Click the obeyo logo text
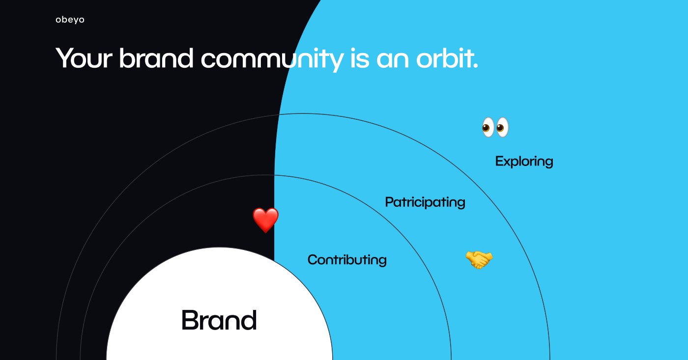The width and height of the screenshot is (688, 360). pyautogui.click(x=70, y=20)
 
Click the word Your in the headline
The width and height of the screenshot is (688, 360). pyautogui.click(x=84, y=58)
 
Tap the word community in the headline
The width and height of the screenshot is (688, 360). pyautogui.click(x=272, y=60)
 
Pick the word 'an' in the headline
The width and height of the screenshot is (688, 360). pyautogui.click(x=393, y=60)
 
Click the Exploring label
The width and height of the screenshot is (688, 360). pyautogui.click(x=524, y=162)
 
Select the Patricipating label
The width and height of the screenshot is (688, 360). pyautogui.click(x=425, y=202)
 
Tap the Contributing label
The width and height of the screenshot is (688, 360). pyautogui.click(x=347, y=260)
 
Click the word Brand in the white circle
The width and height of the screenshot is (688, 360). pyautogui.click(x=219, y=320)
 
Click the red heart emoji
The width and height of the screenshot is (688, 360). pyautogui.click(x=266, y=220)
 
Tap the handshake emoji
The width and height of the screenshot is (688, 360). pyautogui.click(x=479, y=260)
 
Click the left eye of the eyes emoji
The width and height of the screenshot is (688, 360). pyautogui.click(x=487, y=127)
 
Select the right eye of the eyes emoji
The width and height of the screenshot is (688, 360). pyautogui.click(x=502, y=127)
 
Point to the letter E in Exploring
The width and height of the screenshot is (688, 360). pyautogui.click(x=500, y=161)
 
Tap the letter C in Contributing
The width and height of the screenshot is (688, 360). pyautogui.click(x=314, y=260)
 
